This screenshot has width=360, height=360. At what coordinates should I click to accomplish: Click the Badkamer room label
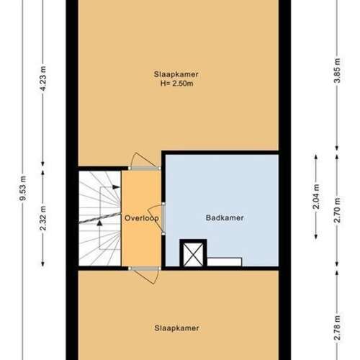tap(225, 218)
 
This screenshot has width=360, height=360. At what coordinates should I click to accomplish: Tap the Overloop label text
tap(142, 218)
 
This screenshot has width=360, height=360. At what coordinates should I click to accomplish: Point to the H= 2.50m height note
tap(176, 84)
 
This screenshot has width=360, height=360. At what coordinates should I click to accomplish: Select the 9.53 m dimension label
tap(23, 188)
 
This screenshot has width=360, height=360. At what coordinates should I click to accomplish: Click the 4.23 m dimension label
tap(43, 78)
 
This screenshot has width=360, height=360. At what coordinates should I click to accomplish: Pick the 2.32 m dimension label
tap(43, 218)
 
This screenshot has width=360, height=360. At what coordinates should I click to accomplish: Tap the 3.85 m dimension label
tap(337, 71)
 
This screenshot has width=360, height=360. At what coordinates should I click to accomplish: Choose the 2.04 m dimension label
tap(316, 197)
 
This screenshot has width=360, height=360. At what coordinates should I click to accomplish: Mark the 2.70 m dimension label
tap(337, 210)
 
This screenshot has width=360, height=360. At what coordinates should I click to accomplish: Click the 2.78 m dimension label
tap(337, 328)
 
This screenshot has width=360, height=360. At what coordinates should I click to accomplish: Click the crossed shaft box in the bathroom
tap(193, 253)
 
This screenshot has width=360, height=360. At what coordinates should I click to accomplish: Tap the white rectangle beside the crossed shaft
tap(225, 262)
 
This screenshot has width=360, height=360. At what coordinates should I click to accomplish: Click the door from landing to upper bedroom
tap(145, 161)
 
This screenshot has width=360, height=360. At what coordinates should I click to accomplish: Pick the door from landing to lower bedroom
tap(145, 275)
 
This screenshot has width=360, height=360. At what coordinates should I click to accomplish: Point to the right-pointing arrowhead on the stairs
tap(116, 187)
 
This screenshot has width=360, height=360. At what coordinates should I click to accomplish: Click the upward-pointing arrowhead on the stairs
tap(99, 223)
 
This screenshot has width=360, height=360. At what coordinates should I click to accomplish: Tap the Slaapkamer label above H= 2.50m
tap(176, 74)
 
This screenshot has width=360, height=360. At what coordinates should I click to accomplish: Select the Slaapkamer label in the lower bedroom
tap(176, 328)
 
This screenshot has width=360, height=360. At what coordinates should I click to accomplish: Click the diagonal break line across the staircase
tap(99, 218)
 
